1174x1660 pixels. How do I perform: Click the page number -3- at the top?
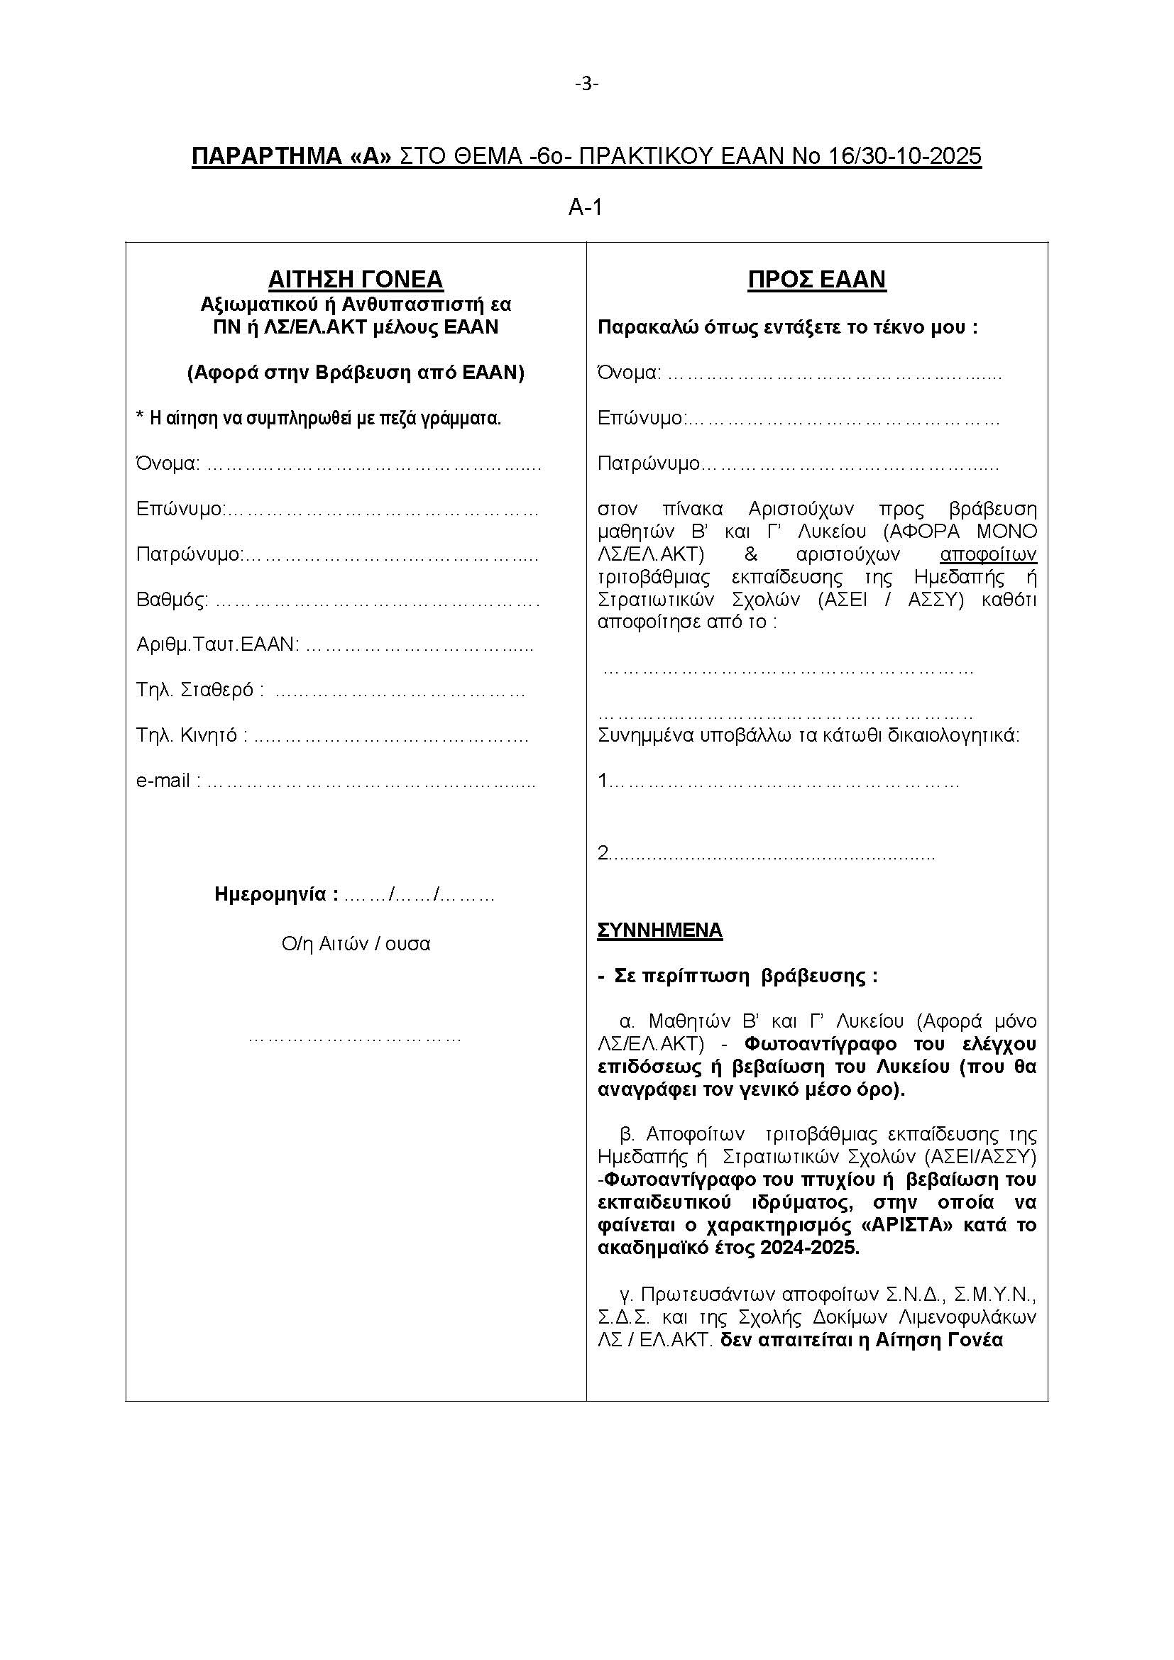[x=586, y=84]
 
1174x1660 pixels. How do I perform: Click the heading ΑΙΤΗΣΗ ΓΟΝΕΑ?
[x=356, y=279]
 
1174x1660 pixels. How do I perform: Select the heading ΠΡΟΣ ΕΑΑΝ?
[x=817, y=279]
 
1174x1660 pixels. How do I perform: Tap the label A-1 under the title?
[x=586, y=208]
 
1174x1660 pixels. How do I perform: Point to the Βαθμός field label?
[x=172, y=600]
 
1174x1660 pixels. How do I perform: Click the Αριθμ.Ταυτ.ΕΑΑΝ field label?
[x=218, y=644]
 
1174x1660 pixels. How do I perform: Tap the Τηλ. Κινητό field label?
[x=192, y=735]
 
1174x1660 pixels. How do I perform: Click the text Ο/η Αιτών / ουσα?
[x=356, y=943]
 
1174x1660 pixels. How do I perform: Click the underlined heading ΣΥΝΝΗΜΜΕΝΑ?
[x=659, y=930]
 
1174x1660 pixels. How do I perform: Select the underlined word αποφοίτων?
[x=988, y=554]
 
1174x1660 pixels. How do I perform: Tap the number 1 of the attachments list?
[x=603, y=781]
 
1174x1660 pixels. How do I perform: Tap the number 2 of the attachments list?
[x=603, y=854]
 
